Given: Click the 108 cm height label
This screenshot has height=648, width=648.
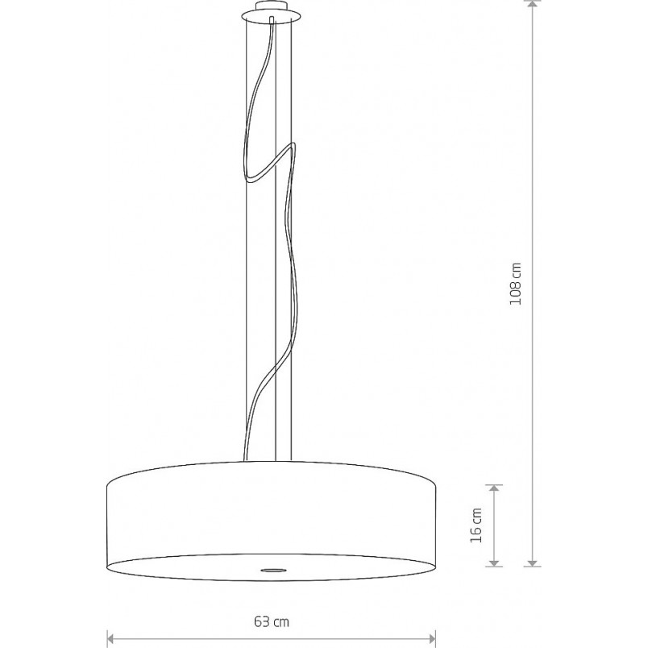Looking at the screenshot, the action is [x=515, y=284].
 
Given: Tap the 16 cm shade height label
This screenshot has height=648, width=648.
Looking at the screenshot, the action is [x=476, y=525].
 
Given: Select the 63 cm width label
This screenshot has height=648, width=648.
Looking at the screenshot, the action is [x=272, y=621].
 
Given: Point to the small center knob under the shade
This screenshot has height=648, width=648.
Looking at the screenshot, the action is [x=272, y=571].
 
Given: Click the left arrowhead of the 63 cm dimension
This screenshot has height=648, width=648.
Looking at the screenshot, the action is [x=110, y=639].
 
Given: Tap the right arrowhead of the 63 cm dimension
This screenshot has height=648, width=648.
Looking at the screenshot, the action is [x=432, y=639].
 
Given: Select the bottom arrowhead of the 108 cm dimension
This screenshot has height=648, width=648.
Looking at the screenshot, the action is [x=533, y=563].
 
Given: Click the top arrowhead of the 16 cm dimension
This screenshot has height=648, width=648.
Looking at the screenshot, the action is [x=494, y=488].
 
